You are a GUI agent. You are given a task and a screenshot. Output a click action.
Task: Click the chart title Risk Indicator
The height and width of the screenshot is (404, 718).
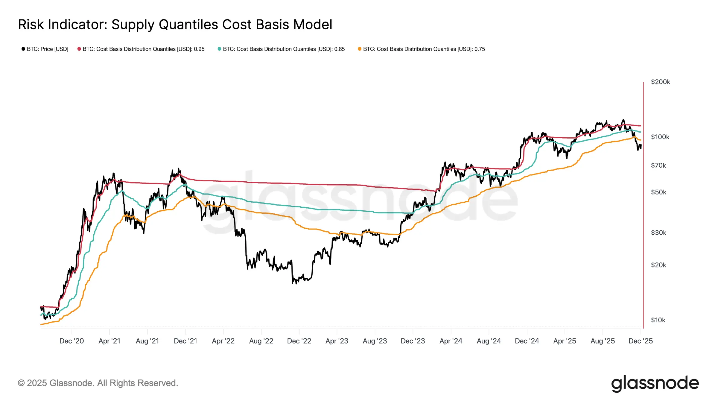[175, 25]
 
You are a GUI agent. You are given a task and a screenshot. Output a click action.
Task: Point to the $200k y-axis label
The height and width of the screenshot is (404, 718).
[660, 82]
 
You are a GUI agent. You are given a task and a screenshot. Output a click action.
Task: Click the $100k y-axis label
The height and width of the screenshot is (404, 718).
[660, 137]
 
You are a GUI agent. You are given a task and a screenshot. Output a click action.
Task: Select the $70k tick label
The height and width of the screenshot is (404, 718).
[658, 165]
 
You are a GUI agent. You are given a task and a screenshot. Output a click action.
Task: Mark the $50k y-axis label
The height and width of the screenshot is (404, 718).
[658, 192]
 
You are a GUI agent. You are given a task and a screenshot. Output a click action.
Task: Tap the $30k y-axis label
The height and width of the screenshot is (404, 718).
[658, 233]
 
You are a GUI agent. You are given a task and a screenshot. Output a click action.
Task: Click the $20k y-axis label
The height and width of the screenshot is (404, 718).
[658, 265]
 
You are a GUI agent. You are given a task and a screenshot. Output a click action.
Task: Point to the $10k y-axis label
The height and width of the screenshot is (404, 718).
[658, 320]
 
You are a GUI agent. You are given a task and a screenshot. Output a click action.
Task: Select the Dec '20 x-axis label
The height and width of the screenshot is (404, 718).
[72, 341]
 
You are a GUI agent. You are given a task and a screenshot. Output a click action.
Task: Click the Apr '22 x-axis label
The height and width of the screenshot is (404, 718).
[223, 341]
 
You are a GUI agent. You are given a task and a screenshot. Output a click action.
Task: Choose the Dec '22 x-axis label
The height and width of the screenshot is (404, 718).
[299, 341]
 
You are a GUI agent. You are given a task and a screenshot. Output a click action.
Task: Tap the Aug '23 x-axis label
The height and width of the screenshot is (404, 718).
[375, 341]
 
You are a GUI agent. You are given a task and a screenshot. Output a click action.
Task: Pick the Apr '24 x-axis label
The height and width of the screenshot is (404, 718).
[451, 341]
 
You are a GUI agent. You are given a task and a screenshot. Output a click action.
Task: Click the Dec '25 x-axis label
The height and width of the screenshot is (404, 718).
[641, 341]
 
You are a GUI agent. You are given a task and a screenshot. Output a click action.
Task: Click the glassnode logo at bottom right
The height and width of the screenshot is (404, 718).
[655, 383]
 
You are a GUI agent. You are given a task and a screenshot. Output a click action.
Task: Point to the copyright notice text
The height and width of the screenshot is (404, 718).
[98, 383]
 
